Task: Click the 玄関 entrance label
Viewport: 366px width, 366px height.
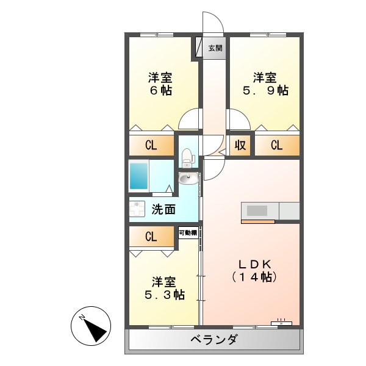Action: [x=215, y=48]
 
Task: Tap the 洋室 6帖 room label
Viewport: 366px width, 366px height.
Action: [x=160, y=84]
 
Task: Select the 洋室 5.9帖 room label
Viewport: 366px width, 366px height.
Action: [x=265, y=84]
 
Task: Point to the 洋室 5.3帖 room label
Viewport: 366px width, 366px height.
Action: [x=163, y=288]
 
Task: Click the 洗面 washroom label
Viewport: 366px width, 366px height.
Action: [x=163, y=210]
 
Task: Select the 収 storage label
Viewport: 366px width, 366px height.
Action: [x=240, y=145]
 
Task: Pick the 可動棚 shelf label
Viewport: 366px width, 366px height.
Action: [x=188, y=232]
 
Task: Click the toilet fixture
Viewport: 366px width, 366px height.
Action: [x=187, y=157]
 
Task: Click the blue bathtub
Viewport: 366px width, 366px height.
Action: [x=138, y=176]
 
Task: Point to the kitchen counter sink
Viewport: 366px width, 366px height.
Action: [x=257, y=210]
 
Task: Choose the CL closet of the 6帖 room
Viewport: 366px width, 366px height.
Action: [x=151, y=145]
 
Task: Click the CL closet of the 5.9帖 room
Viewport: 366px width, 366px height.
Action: [x=277, y=145]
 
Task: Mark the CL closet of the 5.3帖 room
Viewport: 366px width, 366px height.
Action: [x=151, y=236]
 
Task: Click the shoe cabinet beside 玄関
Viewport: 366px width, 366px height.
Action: [x=198, y=48]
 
